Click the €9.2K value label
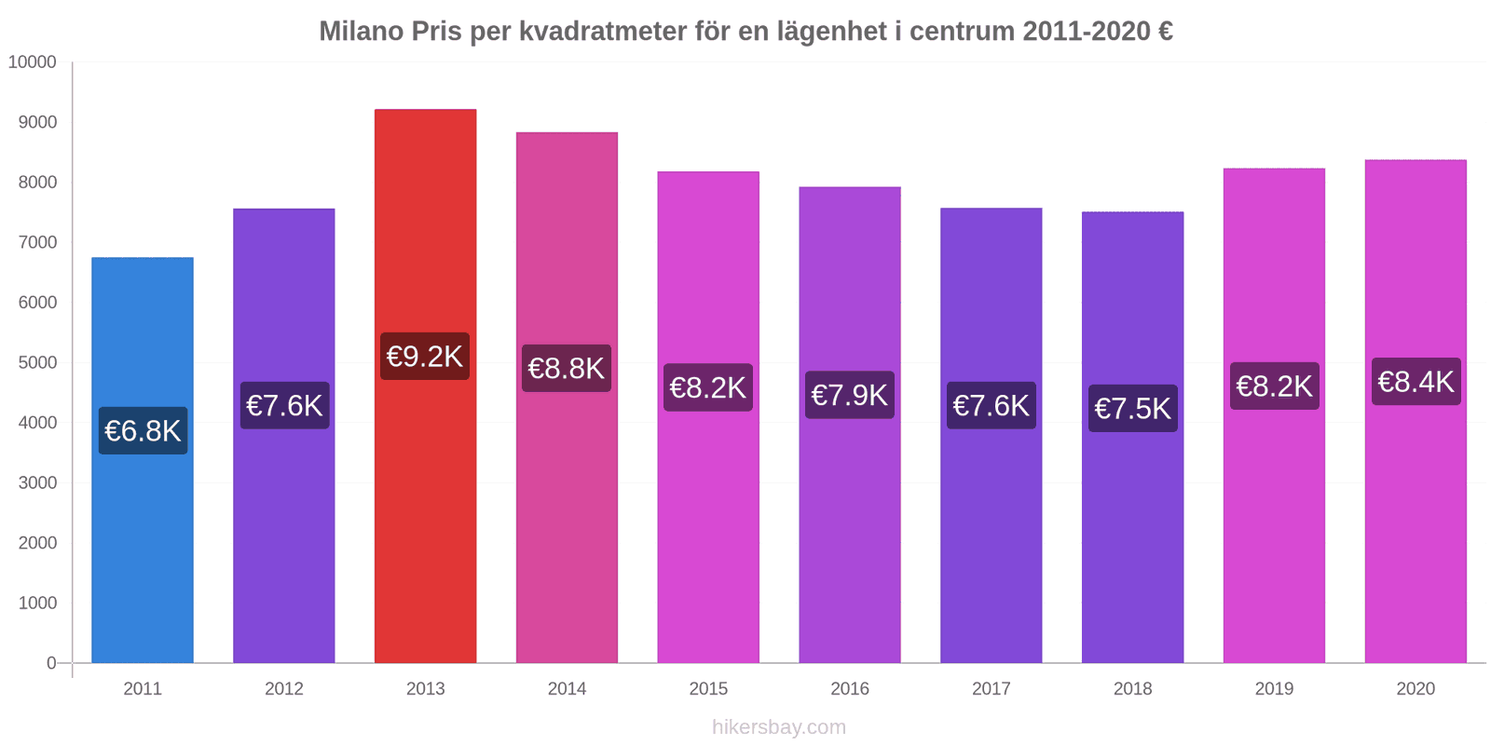pos(425,357)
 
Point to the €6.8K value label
pos(143,431)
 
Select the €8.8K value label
pos(567,369)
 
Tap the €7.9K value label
pos(850,395)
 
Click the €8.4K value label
pos(1416,382)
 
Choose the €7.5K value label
pos(1132,409)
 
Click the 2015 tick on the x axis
pos(708,689)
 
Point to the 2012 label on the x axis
pos(284,689)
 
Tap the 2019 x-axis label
pos(1274,689)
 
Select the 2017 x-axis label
pos(991,689)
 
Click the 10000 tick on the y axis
pos(33,62)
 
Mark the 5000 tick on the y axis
pos(37,363)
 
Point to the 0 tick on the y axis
pos(51,663)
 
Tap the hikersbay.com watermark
pos(779,727)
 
